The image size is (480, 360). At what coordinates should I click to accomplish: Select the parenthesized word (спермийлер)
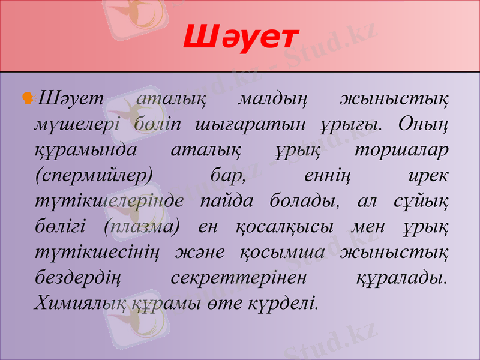click(94, 176)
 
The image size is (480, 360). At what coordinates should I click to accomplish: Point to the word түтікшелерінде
click(109, 202)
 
